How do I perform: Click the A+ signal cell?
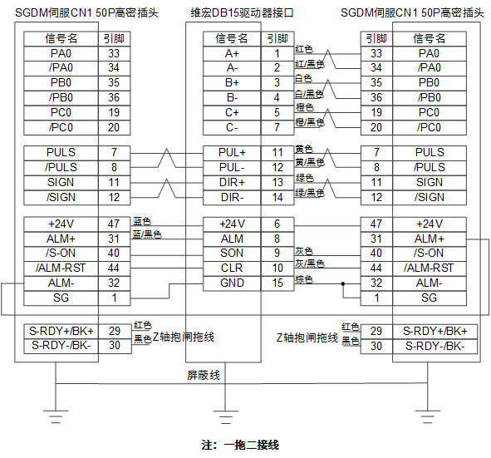pyautogui.click(x=232, y=54)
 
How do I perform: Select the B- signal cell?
pyautogui.click(x=232, y=98)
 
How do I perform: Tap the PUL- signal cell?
pyautogui.click(x=232, y=168)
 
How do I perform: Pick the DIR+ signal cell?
pyautogui.click(x=232, y=183)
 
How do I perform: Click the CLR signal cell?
pyautogui.click(x=232, y=268)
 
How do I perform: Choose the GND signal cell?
pyautogui.click(x=232, y=283)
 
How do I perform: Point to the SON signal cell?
pyautogui.click(x=232, y=254)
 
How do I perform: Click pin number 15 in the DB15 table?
pyautogui.click(x=277, y=283)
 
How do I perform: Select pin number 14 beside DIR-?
pyautogui.click(x=277, y=198)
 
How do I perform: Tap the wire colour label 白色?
pyautogui.click(x=303, y=78)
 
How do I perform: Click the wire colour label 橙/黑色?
pyautogui.click(x=309, y=122)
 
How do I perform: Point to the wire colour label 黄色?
pyautogui.click(x=304, y=149)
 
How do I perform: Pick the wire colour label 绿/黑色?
pyautogui.click(x=309, y=193)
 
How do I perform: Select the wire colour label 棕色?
pyautogui.click(x=304, y=279)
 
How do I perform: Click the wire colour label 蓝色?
pyautogui.click(x=142, y=221)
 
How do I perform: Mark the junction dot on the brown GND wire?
pyautogui.click(x=343, y=283)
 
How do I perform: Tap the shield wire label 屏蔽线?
pyautogui.click(x=204, y=375)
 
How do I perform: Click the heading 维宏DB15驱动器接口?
pyautogui.click(x=242, y=12)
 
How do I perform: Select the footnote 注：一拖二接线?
pyautogui.click(x=240, y=445)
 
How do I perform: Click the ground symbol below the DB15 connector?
pyautogui.click(x=225, y=416)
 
